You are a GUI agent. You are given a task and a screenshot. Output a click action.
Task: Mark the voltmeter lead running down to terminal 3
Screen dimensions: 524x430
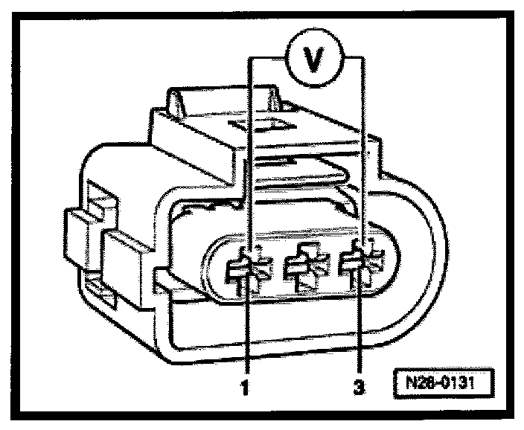362,149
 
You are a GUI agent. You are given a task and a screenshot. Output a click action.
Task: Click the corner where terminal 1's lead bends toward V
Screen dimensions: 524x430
249,58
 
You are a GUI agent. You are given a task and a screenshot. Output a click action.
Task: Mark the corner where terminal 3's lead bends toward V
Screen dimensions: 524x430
362,58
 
